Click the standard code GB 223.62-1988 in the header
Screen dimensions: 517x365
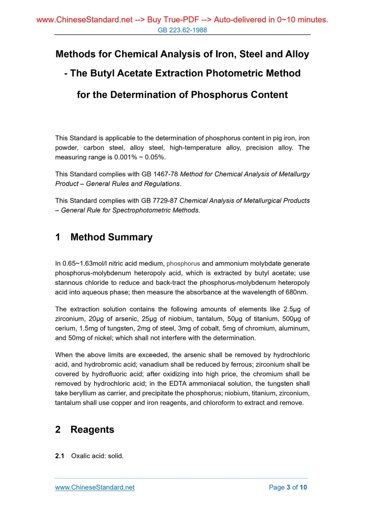pyautogui.click(x=182, y=30)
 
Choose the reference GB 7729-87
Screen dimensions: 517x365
pyautogui.click(x=159, y=200)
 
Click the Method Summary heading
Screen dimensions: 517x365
pyautogui.click(x=111, y=237)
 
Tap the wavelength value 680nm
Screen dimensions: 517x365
pyautogui.click(x=297, y=292)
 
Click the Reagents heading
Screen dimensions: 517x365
pyautogui.click(x=92, y=429)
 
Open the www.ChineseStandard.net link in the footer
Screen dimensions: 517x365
pyautogui.click(x=95, y=487)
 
